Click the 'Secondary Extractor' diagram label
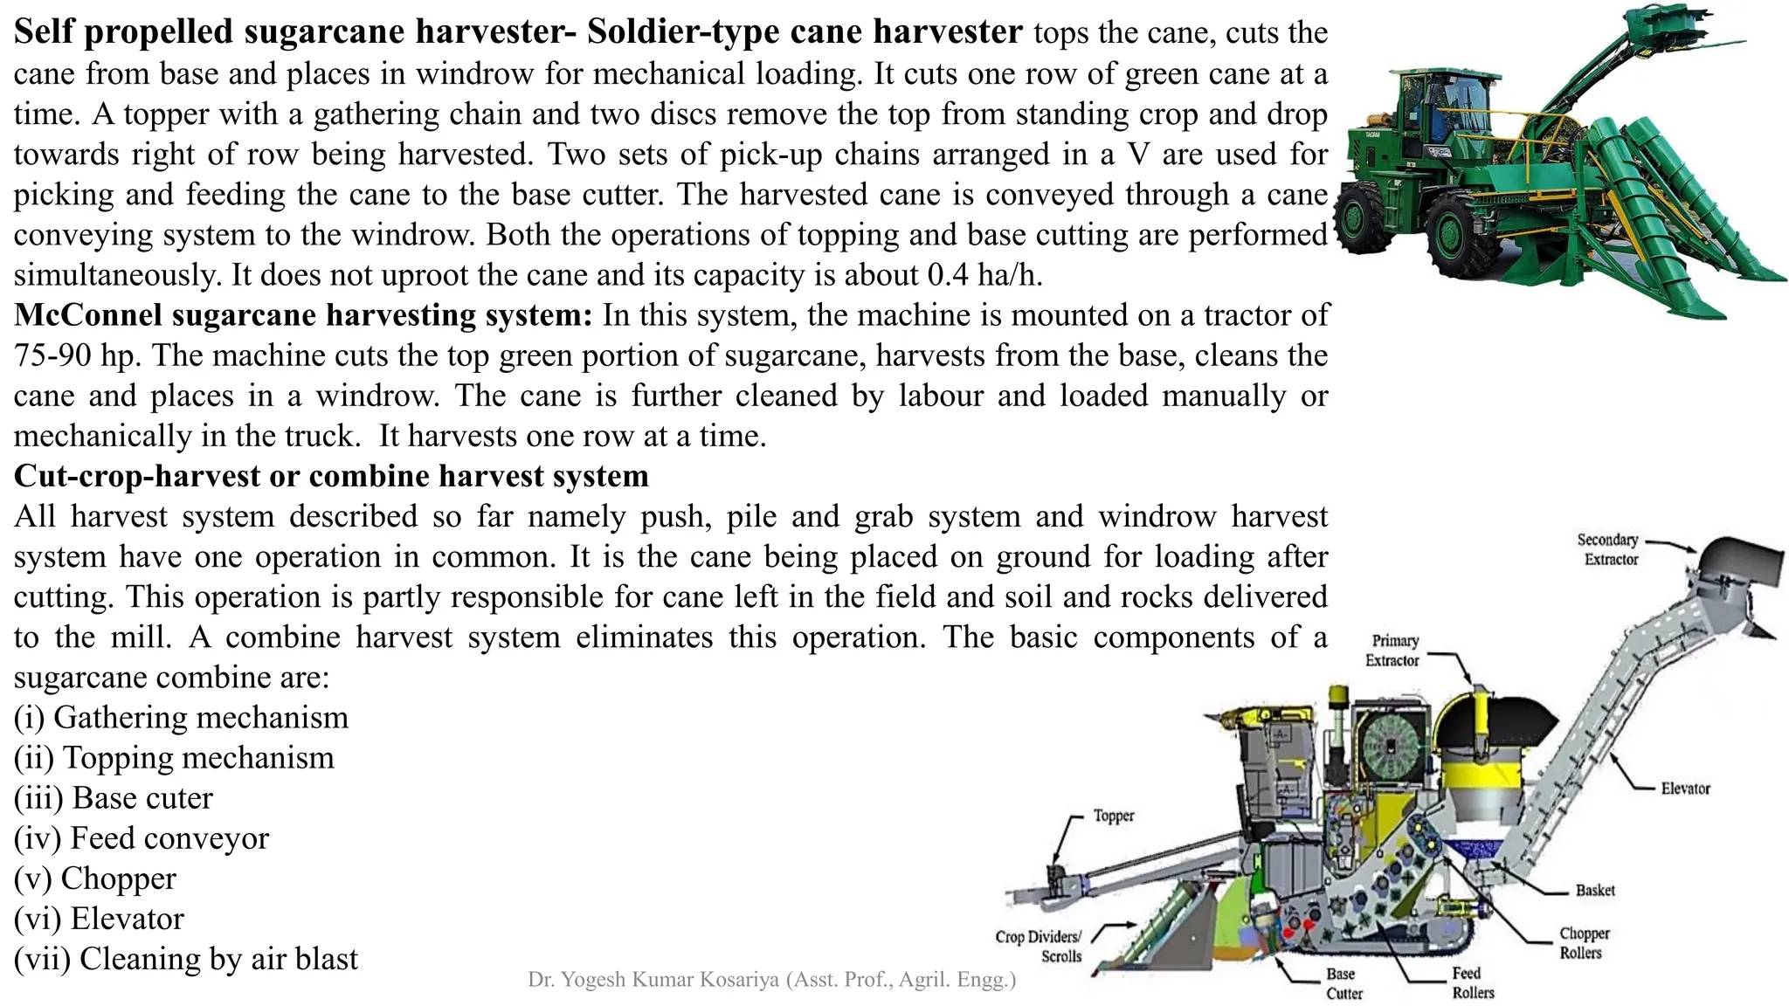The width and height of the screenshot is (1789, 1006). pos(1608,549)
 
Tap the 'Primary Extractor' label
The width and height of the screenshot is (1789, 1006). pos(1394,651)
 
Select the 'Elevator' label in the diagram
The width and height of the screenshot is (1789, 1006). pos(1685,789)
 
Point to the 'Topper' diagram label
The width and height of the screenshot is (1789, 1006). pos(1114,816)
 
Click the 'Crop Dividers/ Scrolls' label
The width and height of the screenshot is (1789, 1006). pos(1039,947)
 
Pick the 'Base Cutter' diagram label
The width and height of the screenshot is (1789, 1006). pos(1343,983)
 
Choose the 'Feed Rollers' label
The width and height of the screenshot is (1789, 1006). pos(1472,982)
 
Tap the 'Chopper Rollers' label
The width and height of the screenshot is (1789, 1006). pos(1584,943)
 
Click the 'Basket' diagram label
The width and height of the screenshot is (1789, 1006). pos(1595,890)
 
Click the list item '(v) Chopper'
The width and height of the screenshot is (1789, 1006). pos(95,879)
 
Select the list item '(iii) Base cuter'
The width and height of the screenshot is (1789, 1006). pos(114,798)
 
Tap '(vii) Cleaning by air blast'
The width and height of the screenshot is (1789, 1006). pos(186,959)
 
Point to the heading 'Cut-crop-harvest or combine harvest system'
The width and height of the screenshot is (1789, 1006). pos(331,476)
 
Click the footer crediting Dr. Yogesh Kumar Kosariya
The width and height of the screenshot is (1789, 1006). pos(771,980)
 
